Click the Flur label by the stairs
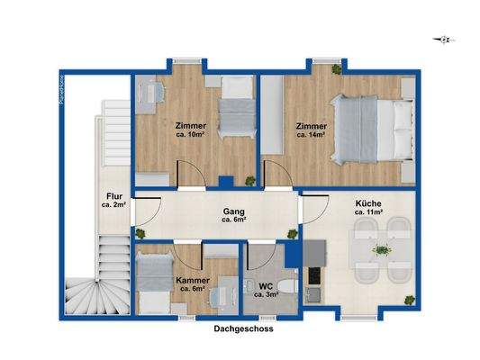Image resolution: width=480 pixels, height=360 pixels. (x=113, y=196)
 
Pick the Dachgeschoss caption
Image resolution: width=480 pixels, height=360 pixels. (x=243, y=329)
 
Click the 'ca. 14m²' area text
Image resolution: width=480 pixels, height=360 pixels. (x=312, y=137)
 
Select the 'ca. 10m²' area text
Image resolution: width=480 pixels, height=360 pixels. (x=192, y=137)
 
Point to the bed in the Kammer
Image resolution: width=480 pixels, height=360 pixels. (x=157, y=279)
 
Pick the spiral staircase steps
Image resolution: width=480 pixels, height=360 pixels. (x=90, y=288)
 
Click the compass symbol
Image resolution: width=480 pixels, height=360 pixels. (x=442, y=38)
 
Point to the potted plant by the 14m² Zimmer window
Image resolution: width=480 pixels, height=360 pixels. (x=336, y=69)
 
